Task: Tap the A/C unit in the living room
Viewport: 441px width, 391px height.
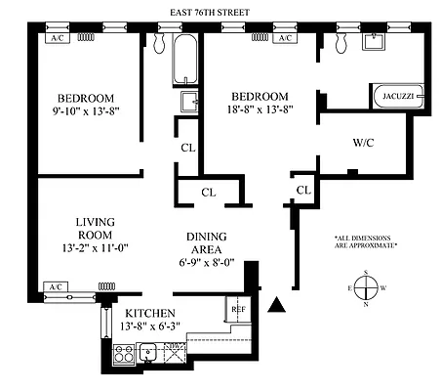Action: [x=56, y=287]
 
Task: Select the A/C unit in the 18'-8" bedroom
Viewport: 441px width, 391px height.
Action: [x=285, y=38]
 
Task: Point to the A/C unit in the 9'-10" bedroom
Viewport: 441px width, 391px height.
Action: [x=57, y=38]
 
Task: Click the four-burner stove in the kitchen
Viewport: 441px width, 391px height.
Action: [x=124, y=355]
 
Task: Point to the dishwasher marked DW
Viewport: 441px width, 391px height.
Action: [x=174, y=355]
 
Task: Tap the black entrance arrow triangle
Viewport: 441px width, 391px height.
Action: [x=278, y=306]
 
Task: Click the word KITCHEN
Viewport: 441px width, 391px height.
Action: [x=152, y=313]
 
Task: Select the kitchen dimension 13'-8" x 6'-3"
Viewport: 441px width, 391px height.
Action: [x=152, y=326]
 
